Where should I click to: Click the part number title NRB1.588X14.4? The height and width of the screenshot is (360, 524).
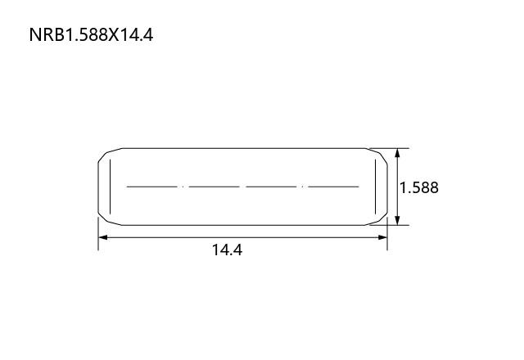91,34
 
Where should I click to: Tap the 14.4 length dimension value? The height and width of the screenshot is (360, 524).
228,250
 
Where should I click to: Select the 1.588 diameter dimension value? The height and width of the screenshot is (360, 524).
419,187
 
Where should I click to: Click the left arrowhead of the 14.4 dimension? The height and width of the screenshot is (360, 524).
103,237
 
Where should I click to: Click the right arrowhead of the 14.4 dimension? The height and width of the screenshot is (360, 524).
382,237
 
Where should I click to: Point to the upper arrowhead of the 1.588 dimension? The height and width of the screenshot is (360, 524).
397,153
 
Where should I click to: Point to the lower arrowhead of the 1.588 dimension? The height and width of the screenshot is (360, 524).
397,220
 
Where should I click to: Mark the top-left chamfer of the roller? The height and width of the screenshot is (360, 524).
110,155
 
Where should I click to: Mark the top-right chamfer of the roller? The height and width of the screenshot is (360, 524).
377,155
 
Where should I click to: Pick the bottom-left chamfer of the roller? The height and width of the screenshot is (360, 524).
110,219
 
